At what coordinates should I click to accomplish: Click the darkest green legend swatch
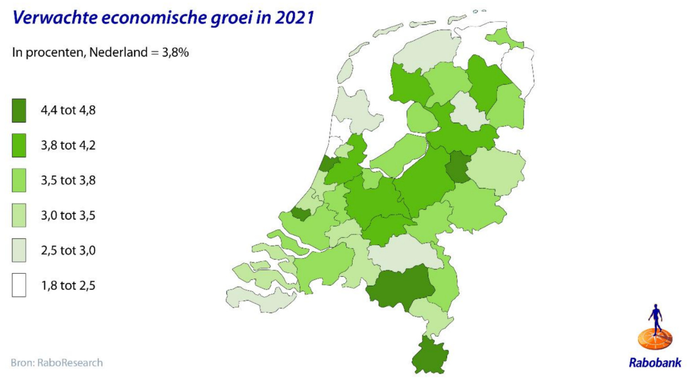tap(19, 111)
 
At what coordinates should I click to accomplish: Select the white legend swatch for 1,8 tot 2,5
tap(19, 285)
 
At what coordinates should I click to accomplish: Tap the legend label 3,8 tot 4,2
tap(68, 145)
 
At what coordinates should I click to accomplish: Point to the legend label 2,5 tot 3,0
tap(68, 250)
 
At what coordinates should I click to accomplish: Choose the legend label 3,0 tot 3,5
tap(68, 215)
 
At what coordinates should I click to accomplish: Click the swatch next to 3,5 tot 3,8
tap(19, 180)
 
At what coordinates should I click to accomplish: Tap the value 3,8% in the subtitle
tap(175, 53)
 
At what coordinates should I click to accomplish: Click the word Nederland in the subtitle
tap(118, 53)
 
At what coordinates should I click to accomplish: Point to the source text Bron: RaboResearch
tap(57, 363)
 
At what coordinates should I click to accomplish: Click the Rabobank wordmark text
tap(655, 363)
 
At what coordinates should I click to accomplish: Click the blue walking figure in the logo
tap(656, 317)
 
